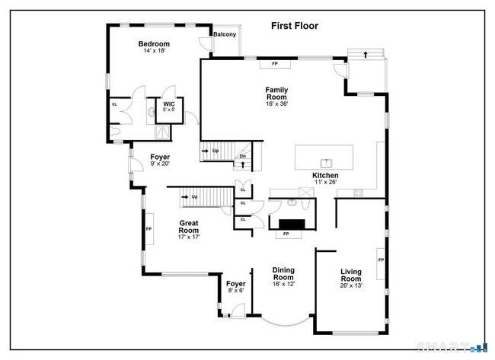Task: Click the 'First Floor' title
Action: [295, 26]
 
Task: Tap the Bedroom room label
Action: [154, 44]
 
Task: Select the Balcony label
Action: [224, 34]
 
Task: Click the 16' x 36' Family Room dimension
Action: [276, 105]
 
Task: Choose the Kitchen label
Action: [325, 175]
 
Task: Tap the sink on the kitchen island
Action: [326, 162]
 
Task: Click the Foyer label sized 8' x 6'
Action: [236, 284]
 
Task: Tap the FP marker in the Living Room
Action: [380, 260]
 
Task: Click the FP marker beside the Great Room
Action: [148, 228]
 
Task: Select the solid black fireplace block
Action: [291, 224]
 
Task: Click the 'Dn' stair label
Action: [243, 156]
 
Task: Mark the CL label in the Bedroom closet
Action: [114, 104]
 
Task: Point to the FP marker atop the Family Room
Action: [274, 63]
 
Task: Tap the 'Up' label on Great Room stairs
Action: [195, 197]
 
